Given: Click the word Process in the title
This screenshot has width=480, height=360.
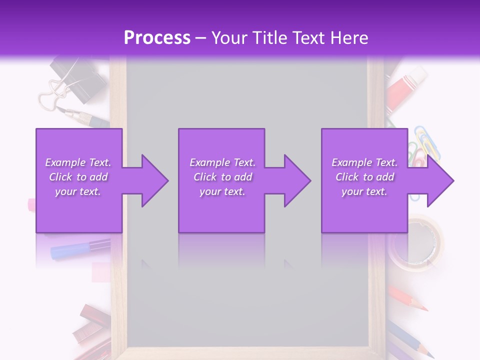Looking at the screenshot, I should point(157,37).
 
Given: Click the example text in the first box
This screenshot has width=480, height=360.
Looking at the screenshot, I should point(78,177).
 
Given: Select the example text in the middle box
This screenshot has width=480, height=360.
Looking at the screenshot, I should point(222,177).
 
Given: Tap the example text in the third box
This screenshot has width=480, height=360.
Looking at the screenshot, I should point(364,177).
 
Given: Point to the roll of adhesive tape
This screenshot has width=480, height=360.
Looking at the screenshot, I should point(416,242).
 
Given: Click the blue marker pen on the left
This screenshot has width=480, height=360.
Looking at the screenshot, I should point(80,248).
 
